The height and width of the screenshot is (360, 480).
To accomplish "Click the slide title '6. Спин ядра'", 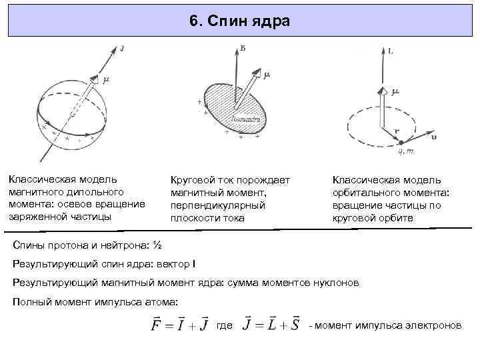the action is tap(239, 21).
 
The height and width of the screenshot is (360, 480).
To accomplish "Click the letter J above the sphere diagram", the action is tap(123, 48).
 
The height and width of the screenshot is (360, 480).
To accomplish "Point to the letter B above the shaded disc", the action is tap(242, 47).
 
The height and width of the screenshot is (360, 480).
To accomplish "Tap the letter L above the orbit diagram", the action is tap(390, 51).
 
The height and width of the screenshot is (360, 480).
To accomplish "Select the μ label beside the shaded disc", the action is tap(266, 75).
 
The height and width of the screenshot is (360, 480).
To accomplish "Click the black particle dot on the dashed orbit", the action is tap(400, 142).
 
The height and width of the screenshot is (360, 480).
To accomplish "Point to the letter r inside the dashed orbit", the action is tap(395, 131).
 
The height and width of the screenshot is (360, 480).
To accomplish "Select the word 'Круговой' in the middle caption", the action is tap(193, 181).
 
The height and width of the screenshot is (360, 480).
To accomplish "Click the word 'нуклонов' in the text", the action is tap(337, 283).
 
